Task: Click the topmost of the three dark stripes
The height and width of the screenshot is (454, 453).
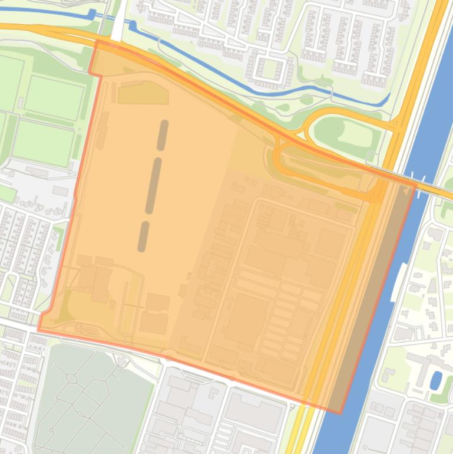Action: click(x=163, y=135)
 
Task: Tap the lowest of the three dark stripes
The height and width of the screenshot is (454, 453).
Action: click(x=143, y=236)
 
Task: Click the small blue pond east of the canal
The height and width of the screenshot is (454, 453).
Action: click(x=436, y=380)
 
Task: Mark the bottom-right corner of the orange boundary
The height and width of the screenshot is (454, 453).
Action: click(x=340, y=413)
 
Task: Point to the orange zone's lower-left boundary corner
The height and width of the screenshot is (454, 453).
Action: click(x=39, y=330)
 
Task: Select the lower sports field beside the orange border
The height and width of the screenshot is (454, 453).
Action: click(x=44, y=143)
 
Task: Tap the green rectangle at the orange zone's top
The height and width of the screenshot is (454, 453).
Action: click(x=143, y=93)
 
